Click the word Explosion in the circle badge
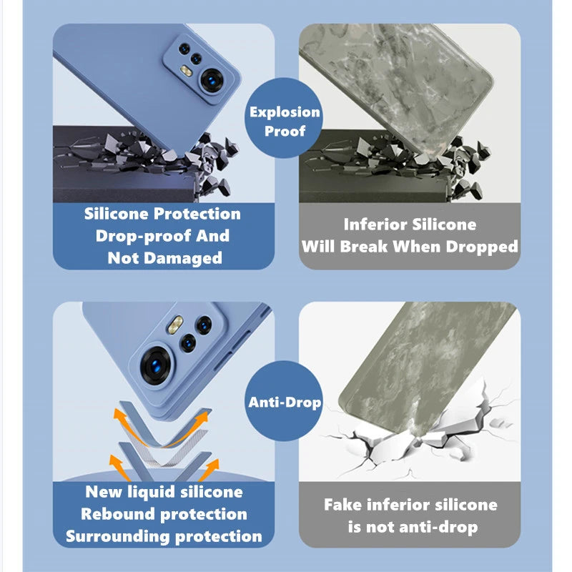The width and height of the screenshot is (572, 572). [285, 112]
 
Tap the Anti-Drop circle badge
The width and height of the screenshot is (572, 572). [283, 400]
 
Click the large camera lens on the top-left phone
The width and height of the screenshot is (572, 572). [211, 81]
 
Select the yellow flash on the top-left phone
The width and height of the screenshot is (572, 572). [186, 71]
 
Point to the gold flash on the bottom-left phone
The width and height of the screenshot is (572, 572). [175, 325]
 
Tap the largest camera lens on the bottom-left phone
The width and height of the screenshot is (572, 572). [156, 366]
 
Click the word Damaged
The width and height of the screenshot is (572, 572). [183, 258]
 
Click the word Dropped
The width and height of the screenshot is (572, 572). [481, 247]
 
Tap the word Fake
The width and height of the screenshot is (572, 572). [343, 505]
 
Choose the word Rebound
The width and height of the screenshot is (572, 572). [118, 514]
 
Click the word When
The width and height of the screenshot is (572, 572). [417, 247]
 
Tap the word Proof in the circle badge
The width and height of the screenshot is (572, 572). [285, 131]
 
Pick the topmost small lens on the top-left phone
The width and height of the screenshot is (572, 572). [184, 49]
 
